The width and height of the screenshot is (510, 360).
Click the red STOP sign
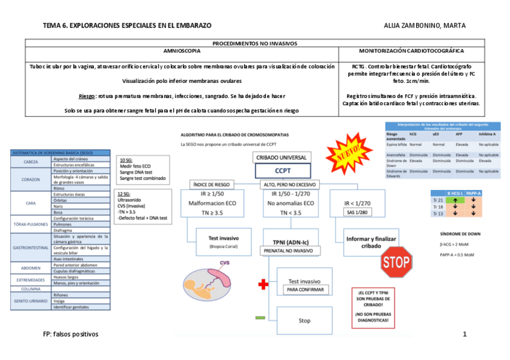pos(396,262)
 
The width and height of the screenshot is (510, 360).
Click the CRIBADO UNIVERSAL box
pos(281,157)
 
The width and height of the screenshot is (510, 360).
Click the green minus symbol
pos(260,317)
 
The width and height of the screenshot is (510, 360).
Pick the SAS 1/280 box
pos(357,212)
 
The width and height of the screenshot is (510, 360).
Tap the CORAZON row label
pos(31,179)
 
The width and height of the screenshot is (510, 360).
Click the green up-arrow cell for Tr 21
pos(456,200)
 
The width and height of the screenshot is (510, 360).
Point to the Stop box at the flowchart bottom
pos(304,320)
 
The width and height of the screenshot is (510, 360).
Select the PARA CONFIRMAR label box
pos(305,290)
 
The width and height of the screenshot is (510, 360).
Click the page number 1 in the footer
pos(465,334)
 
